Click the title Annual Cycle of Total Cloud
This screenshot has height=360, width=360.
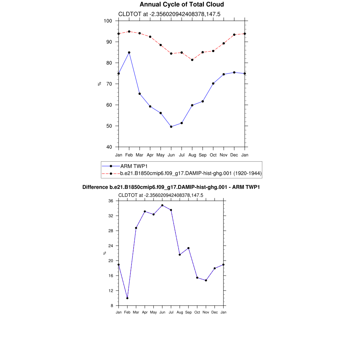tap(181, 5)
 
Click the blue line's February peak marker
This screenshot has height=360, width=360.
tap(129, 52)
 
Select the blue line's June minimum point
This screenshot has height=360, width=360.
tap(171, 127)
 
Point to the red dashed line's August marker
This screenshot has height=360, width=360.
tap(192, 60)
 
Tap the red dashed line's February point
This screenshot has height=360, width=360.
tap(129, 32)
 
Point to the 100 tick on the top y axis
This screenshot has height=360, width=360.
tap(108, 21)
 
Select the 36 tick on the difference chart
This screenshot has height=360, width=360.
tap(111, 201)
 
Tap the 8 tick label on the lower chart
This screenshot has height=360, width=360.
tap(112, 306)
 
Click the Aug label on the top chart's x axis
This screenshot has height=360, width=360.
tap(192, 155)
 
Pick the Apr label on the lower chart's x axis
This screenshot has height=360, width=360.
tap(145, 312)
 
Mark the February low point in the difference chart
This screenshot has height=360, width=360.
tap(127, 298)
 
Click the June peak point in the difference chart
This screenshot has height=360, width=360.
tap(162, 205)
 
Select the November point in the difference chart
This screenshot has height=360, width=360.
tap(206, 280)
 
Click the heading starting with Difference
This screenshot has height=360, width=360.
tap(171, 187)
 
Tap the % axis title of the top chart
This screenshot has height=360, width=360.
tap(99, 84)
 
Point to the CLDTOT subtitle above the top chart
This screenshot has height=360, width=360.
tap(169, 14)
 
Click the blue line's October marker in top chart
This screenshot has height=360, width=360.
tap(213, 84)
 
